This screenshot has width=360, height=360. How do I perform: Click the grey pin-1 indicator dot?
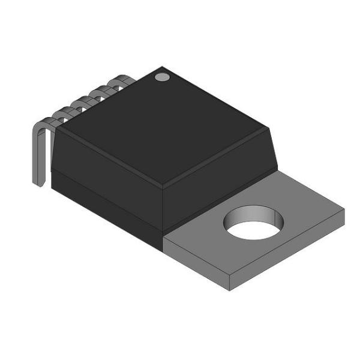[161, 76]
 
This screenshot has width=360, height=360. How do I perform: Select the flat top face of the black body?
[162, 126]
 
